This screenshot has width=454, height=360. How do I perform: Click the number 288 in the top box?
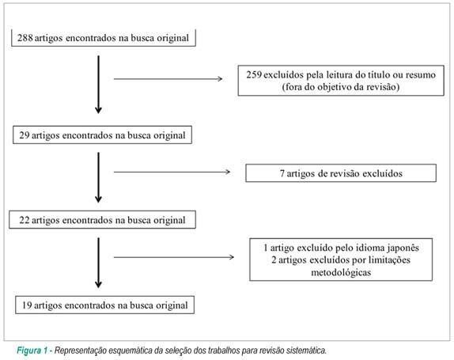[25, 38]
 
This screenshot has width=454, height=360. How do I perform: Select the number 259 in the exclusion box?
[254, 74]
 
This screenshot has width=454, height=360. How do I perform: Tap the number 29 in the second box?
[25, 135]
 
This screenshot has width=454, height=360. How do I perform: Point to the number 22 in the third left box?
[25, 220]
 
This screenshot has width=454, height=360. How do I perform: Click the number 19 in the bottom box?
[27, 305]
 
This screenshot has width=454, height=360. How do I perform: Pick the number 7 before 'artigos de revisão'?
[282, 173]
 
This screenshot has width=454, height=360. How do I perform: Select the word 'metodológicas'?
[341, 272]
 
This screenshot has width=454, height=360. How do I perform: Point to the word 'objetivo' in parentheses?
[334, 87]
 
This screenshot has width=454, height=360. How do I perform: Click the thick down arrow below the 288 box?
[98, 85]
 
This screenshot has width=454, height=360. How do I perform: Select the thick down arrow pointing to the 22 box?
[98, 177]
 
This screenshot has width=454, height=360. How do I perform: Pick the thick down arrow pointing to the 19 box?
[98, 263]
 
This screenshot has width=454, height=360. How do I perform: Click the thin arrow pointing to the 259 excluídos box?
[168, 79]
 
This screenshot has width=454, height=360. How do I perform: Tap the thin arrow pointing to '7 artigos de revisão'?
[172, 172]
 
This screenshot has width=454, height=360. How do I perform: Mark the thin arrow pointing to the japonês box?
[174, 257]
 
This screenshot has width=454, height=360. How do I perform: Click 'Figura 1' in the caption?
[32, 351]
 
